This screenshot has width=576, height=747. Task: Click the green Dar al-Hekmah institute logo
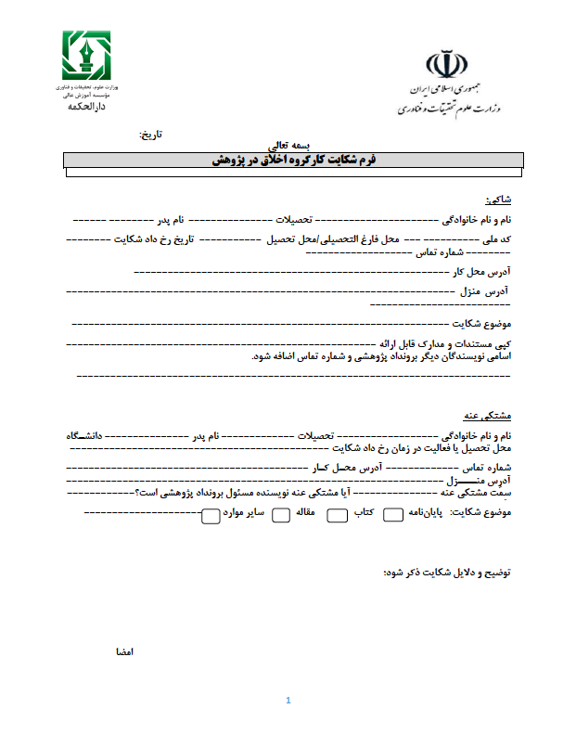(x=85, y=55)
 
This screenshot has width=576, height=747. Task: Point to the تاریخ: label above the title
(x=150, y=135)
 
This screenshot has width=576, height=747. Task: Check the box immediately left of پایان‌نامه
(x=392, y=515)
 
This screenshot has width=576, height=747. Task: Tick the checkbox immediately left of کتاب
(x=337, y=515)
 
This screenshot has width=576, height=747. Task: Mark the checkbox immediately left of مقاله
(x=280, y=515)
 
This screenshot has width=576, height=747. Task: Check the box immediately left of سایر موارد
(x=211, y=515)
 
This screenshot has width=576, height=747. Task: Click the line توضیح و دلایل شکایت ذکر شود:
(x=447, y=572)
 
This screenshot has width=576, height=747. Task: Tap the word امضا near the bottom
(x=124, y=652)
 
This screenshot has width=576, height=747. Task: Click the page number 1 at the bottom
(x=289, y=701)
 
